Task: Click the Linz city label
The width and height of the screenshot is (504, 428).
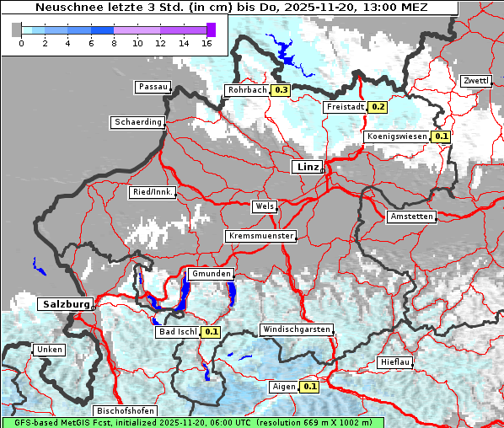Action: tap(308, 167)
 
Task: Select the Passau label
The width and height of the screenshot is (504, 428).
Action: tap(153, 87)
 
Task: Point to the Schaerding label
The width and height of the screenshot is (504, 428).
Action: tap(137, 122)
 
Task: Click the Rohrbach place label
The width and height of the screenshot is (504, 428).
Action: tap(246, 90)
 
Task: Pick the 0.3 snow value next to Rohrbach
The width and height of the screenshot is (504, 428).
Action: tap(281, 90)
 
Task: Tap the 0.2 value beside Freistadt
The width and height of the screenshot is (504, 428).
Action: tap(378, 107)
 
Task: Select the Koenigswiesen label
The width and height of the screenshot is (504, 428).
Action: tap(396, 136)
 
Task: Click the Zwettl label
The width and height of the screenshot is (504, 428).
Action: tap(475, 81)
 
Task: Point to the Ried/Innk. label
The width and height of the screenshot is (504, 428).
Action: tap(153, 192)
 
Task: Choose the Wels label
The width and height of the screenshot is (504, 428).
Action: tap(264, 206)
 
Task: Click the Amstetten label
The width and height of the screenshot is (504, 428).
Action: tap(411, 217)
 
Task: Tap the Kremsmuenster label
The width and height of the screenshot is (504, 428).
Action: tap(260, 236)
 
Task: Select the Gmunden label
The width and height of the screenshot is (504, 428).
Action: tap(210, 275)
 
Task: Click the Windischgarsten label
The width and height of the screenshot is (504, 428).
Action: tap(297, 329)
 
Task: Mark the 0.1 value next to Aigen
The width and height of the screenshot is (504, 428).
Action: tap(309, 387)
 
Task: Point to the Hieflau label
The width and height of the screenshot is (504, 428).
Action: tap(395, 362)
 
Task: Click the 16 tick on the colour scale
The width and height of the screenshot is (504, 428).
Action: tap(206, 43)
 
